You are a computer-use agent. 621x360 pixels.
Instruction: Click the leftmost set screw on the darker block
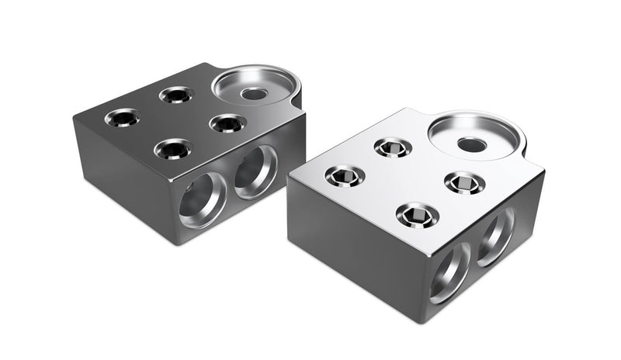point(122,119)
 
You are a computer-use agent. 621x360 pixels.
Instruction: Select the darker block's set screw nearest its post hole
point(227,123)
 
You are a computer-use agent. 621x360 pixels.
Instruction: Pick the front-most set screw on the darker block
point(172,147)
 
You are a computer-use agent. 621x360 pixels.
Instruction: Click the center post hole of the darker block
point(252,94)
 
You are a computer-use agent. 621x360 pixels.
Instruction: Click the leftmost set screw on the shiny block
point(343,177)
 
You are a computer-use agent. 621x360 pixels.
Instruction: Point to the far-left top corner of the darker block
point(75,118)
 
